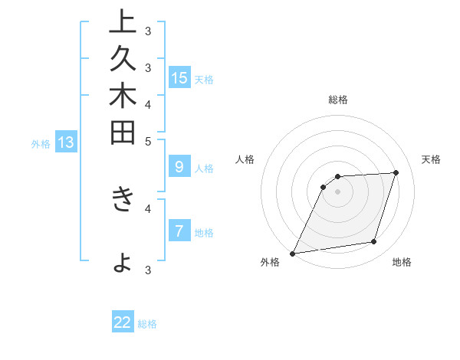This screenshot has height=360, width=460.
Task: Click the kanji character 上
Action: (x=121, y=21)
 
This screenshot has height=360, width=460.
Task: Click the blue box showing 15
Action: (x=179, y=77)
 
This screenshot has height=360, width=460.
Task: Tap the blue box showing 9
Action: (x=179, y=166)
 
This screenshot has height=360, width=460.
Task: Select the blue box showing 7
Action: (x=179, y=231)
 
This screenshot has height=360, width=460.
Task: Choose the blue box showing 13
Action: (x=66, y=142)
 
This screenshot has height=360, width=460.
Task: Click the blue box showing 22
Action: (x=123, y=322)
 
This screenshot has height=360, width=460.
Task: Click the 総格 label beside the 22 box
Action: (x=147, y=324)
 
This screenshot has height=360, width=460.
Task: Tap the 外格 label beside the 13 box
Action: (x=41, y=143)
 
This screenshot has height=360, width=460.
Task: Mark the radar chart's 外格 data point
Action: (x=293, y=253)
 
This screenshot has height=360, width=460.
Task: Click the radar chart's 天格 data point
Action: (x=396, y=172)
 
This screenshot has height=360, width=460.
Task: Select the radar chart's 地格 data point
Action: (x=374, y=242)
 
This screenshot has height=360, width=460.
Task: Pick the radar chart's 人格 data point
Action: (x=324, y=186)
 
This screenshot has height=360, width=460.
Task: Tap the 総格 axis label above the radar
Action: (x=337, y=100)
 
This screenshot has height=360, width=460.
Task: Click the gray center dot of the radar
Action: (x=337, y=191)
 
